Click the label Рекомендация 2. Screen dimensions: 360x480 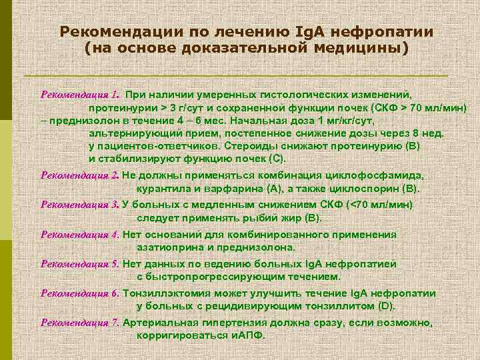click(80, 175)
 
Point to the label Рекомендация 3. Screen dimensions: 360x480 click(80, 205)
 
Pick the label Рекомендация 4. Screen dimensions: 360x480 click(80, 234)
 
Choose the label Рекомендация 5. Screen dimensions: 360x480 click(80, 263)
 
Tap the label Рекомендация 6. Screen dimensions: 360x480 click(80, 293)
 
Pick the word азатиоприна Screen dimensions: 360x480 click(169, 247)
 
